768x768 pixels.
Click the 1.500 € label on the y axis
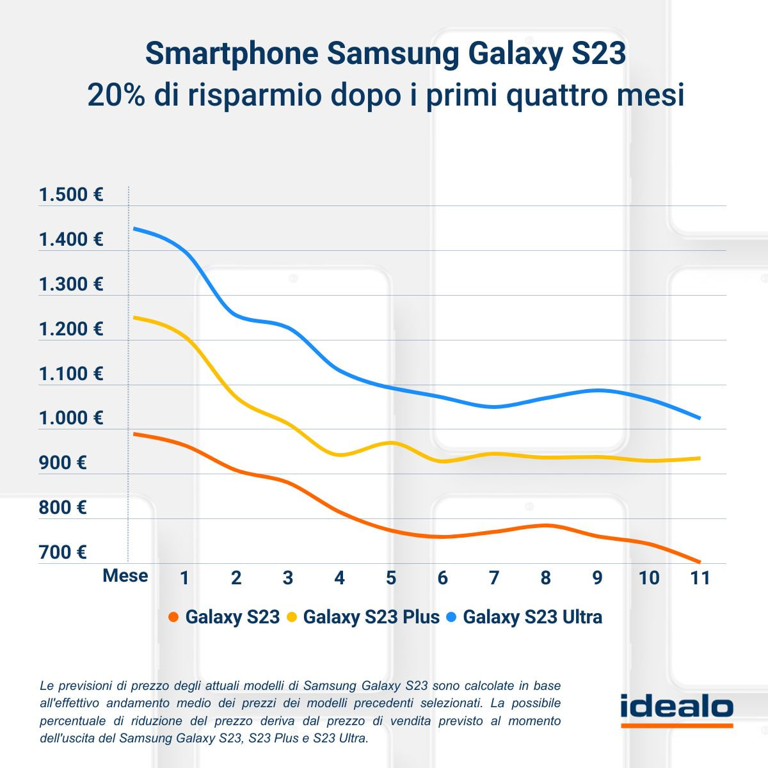pyautogui.click(x=70, y=195)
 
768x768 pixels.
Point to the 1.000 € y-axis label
pyautogui.click(x=70, y=418)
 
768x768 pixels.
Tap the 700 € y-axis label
pyautogui.click(x=62, y=552)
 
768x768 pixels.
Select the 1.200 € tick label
pyautogui.click(x=70, y=329)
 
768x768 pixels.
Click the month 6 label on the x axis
pyautogui.click(x=442, y=578)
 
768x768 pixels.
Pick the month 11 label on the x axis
pyautogui.click(x=700, y=578)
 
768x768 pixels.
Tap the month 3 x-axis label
pyautogui.click(x=287, y=578)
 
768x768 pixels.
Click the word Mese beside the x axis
pyautogui.click(x=125, y=576)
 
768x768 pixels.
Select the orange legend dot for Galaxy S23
pyautogui.click(x=173, y=618)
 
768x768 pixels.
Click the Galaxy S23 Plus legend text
pyautogui.click(x=371, y=617)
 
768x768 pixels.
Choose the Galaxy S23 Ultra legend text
pyautogui.click(x=532, y=617)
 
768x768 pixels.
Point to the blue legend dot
pyautogui.click(x=452, y=618)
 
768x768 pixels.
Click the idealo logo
pyautogui.click(x=676, y=708)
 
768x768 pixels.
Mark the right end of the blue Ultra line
pyautogui.click(x=700, y=418)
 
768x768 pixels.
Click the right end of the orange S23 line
pyautogui.click(x=700, y=562)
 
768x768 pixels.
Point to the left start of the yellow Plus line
pyautogui.click(x=133, y=317)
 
